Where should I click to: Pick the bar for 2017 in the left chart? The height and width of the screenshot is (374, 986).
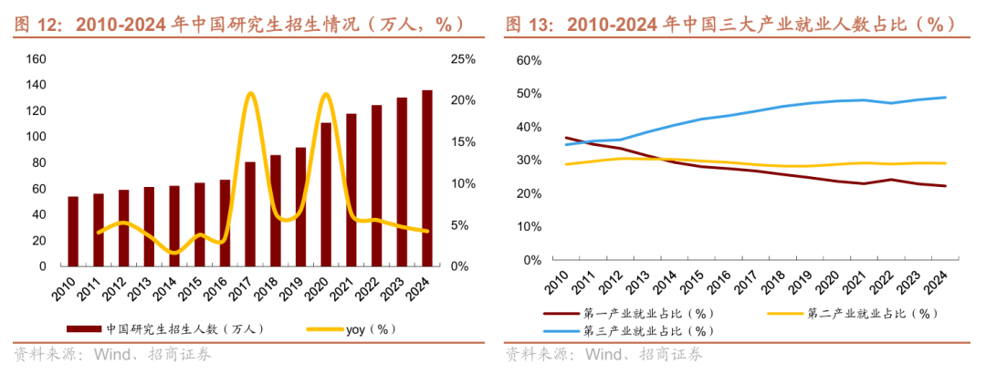[250, 213]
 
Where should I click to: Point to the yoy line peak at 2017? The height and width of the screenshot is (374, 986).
[250, 93]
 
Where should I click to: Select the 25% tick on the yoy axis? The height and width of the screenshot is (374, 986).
[463, 59]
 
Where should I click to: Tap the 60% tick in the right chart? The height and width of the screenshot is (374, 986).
[529, 60]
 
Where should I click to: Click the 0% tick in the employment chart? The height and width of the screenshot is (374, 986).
[532, 260]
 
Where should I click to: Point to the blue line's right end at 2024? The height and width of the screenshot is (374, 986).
[945, 97]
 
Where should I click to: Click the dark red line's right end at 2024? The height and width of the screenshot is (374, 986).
[945, 186]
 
